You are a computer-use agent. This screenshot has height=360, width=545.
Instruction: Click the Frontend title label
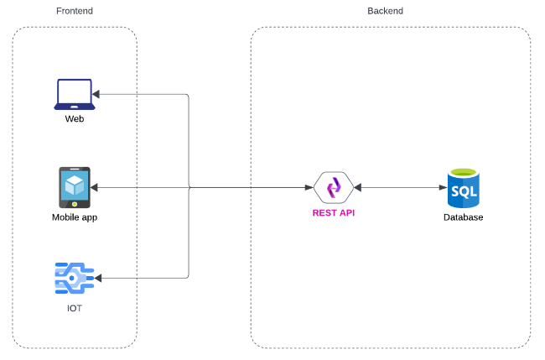coord(75,11)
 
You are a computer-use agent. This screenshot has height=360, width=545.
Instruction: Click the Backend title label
coord(385,11)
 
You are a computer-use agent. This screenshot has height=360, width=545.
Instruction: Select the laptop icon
coord(75,94)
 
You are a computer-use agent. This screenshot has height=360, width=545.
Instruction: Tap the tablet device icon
coord(75,187)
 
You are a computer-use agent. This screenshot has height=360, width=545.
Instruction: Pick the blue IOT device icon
coord(74,278)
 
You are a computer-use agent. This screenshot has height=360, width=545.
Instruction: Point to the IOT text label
coord(75,309)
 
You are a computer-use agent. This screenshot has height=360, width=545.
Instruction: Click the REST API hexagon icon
coord(333,187)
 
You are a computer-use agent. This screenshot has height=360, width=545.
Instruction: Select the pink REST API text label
coord(333,213)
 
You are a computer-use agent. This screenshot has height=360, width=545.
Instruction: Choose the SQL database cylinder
coord(463,188)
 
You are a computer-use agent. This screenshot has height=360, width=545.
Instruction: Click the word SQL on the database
coord(463,191)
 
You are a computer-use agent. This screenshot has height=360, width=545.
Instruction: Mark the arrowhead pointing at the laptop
coord(98,94)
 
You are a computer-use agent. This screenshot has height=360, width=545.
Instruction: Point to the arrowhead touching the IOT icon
coord(100,278)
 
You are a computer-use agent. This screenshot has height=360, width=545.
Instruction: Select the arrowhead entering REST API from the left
coord(309,187)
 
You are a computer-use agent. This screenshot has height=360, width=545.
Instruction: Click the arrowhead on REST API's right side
coord(357,187)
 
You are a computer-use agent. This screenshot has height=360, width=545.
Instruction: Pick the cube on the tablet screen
coord(75,184)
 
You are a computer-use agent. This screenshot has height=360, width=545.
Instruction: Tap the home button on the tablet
coord(75,203)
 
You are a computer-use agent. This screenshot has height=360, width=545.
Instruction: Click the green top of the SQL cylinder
coord(463,172)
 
